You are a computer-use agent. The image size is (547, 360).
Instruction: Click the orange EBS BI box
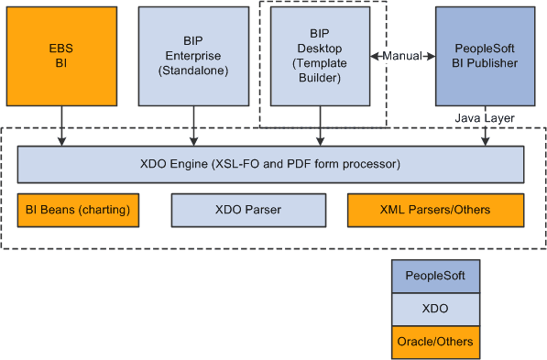pyautogui.click(x=61, y=55)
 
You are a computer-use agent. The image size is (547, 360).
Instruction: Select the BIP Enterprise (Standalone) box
pyautogui.click(x=194, y=55)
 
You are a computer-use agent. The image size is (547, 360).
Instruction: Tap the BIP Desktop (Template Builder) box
pyautogui.click(x=320, y=55)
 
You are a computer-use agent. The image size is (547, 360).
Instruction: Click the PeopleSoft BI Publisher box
pyautogui.click(x=485, y=55)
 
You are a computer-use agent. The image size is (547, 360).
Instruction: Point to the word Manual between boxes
pyautogui.click(x=402, y=56)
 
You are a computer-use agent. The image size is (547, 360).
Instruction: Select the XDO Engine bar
pyautogui.click(x=270, y=164)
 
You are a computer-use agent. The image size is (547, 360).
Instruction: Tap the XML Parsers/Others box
pyautogui.click(x=435, y=210)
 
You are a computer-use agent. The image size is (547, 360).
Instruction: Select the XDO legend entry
pyautogui.click(x=435, y=308)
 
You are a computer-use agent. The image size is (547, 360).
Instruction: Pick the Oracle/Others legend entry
pyautogui.click(x=435, y=342)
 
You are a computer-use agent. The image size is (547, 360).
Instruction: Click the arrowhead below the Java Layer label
pyautogui.click(x=485, y=140)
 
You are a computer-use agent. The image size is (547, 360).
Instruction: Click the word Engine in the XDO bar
pyautogui.click(x=199, y=164)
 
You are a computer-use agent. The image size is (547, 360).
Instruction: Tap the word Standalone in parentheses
pyautogui.click(x=194, y=70)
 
